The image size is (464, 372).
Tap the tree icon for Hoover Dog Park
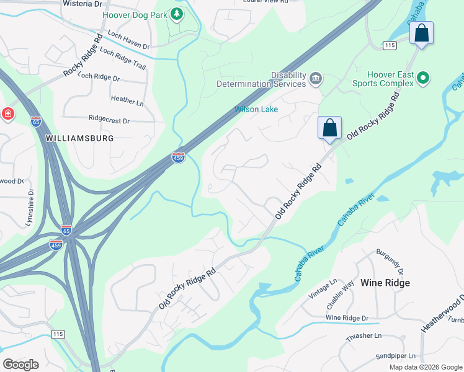tap(177, 14)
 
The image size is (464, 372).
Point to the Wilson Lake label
tap(256, 109)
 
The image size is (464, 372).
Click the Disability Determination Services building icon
tap(316, 78)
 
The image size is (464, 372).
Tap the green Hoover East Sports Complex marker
tap(423, 78)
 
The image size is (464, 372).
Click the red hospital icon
tap(7, 114)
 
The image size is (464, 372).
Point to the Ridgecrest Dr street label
tap(109, 119)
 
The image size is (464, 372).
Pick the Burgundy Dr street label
tap(389, 263)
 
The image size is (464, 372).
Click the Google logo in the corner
tap(20, 364)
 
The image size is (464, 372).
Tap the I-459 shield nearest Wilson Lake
tap(178, 157)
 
